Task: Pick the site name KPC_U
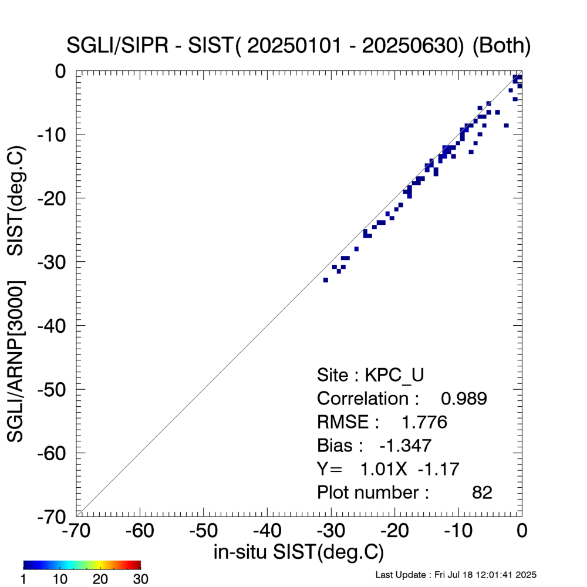click(403, 375)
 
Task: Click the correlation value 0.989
click(464, 399)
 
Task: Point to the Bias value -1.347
click(406, 446)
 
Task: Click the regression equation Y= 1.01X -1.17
click(387, 469)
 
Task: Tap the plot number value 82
click(482, 492)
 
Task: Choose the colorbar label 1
click(25, 579)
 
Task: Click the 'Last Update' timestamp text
click(456, 574)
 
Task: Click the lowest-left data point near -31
click(325, 280)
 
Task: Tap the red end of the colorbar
click(137, 565)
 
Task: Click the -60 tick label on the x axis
click(140, 531)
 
